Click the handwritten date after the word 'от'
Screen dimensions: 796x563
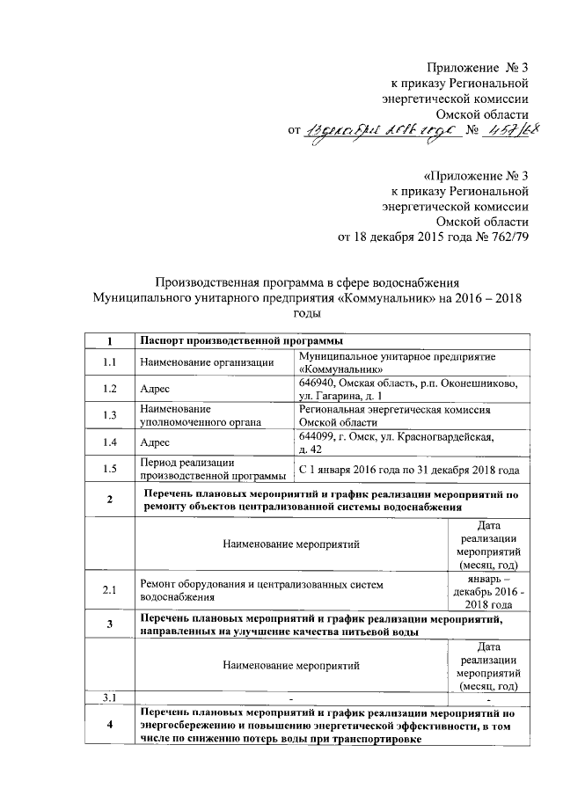pos(377,131)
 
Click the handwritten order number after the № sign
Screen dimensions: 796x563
pos(507,130)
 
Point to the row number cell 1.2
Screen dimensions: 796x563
pos(109,389)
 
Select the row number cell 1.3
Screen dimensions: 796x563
pos(109,415)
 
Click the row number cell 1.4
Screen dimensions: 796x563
pos(109,442)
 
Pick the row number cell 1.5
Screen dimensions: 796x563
pos(109,470)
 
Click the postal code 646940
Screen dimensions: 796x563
pos(319,383)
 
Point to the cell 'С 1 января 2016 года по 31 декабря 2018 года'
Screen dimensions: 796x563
pos(409,470)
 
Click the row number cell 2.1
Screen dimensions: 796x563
pos(109,590)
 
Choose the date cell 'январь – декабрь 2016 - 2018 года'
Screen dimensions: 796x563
pos(487,590)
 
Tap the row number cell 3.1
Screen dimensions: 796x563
pos(109,697)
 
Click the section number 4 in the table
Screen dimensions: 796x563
pos(109,725)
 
